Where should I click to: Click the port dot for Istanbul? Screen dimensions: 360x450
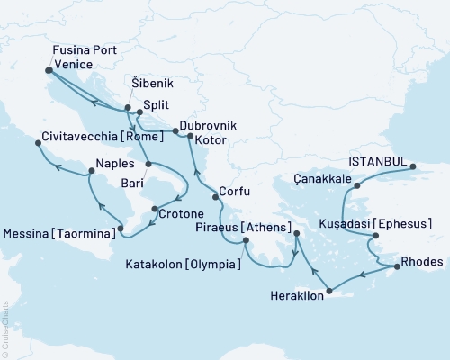pyautogui.click(x=413, y=166)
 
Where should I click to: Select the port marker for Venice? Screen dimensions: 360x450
pyautogui.click(x=48, y=69)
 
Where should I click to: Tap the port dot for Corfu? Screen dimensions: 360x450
pyautogui.click(x=213, y=196)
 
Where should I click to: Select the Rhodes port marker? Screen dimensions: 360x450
pyautogui.click(x=394, y=266)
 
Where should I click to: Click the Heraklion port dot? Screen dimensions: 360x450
pyautogui.click(x=330, y=291)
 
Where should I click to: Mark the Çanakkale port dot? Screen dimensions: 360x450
pyautogui.click(x=357, y=186)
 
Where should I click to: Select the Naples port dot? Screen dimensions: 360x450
pyautogui.click(x=91, y=171)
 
